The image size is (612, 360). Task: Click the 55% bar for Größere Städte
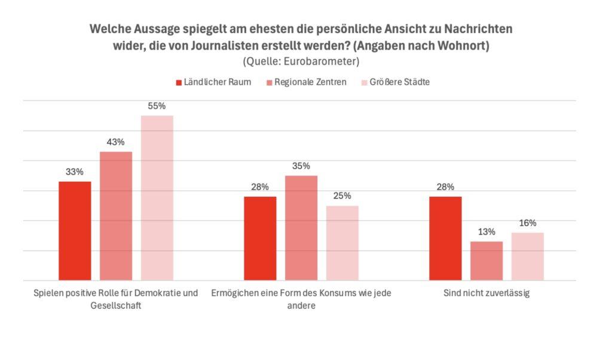click(157, 197)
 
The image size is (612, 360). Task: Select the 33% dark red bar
click(75, 231)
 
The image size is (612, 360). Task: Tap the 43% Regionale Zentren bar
click(116, 216)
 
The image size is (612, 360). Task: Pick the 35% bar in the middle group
click(301, 228)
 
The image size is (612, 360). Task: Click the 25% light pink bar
click(342, 243)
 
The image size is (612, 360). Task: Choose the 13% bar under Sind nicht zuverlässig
click(486, 261)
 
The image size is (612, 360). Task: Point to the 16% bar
click(528, 256)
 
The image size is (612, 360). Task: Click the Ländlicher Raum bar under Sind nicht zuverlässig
click(446, 238)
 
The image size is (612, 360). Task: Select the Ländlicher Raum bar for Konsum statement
click(260, 238)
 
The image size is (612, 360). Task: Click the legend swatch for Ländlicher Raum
click(179, 83)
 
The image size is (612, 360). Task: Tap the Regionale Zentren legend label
click(310, 82)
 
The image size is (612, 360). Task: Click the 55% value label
click(157, 106)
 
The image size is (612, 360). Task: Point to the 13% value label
click(486, 232)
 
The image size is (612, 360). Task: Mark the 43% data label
click(116, 142)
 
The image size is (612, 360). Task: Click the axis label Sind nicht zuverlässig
click(486, 294)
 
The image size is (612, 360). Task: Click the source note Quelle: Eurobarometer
click(301, 61)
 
